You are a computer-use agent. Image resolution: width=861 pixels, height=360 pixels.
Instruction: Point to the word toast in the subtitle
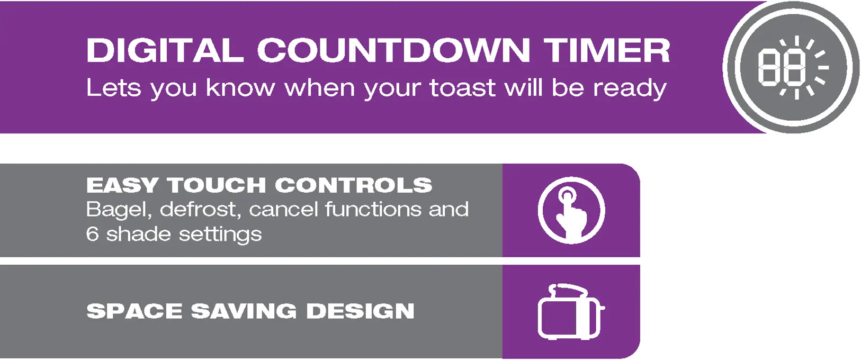[x=463, y=88]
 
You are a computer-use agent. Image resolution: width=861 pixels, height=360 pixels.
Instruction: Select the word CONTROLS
[x=354, y=184]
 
